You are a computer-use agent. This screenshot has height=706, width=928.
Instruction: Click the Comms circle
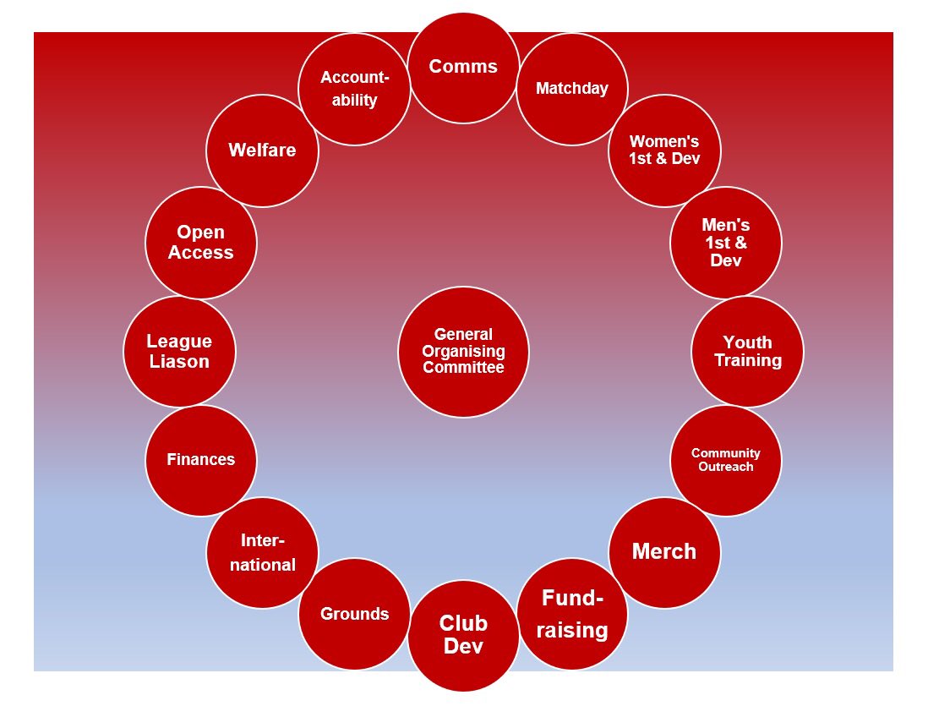click(x=463, y=68)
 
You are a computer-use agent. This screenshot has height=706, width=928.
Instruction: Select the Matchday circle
click(x=572, y=89)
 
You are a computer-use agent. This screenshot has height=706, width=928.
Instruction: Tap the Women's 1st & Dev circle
click(x=664, y=151)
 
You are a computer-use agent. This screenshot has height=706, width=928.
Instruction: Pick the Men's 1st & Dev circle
click(x=726, y=243)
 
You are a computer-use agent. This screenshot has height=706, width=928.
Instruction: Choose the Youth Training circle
click(x=748, y=351)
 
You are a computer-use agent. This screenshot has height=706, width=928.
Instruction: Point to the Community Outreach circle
click(x=726, y=460)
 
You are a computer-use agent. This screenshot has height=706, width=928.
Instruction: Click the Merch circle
click(x=664, y=552)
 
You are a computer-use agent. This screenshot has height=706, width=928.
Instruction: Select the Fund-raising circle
click(x=572, y=614)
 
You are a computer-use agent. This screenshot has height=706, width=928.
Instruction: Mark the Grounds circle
click(x=354, y=614)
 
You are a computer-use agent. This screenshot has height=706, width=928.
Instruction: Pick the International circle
click(x=262, y=552)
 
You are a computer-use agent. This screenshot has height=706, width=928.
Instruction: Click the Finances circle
click(x=201, y=460)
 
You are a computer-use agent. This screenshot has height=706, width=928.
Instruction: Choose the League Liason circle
click(x=179, y=351)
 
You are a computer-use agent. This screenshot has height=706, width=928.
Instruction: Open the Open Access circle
click(x=201, y=243)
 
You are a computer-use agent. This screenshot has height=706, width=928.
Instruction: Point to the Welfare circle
click(x=262, y=151)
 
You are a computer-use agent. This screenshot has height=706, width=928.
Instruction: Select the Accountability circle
click(x=354, y=89)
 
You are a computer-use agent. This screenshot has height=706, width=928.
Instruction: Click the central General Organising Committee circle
click(x=463, y=351)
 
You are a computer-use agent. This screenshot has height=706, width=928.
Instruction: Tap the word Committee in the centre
click(x=463, y=368)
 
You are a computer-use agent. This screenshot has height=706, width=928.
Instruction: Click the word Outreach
click(x=726, y=467)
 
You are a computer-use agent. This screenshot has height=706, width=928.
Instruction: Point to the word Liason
click(x=179, y=362)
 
